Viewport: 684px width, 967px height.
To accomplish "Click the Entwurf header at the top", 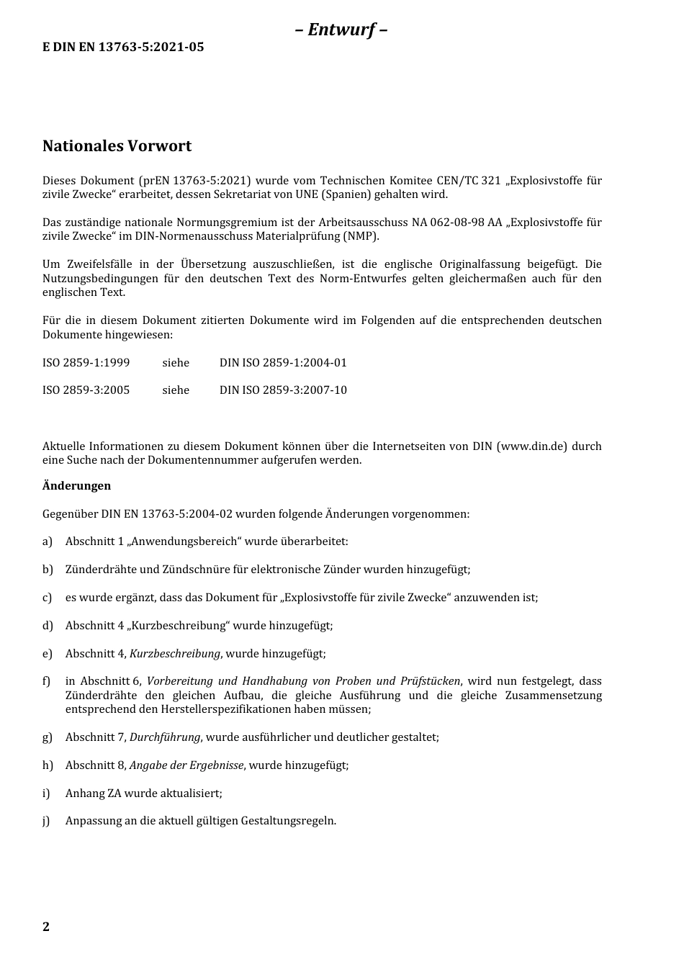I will [341, 30].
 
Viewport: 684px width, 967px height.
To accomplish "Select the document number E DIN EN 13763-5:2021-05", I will [123, 48].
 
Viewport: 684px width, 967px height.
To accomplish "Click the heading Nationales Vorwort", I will [117, 146].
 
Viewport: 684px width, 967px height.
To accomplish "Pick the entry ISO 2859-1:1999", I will [86, 363].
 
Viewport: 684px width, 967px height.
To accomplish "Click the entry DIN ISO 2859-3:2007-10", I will [283, 390].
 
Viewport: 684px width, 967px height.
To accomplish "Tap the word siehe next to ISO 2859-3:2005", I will [176, 390].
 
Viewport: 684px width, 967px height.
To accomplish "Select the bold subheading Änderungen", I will [76, 486].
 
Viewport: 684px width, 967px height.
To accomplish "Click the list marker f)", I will [48, 681].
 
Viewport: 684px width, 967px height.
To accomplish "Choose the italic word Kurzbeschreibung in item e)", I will [174, 654].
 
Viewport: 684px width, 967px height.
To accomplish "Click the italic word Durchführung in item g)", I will [165, 737].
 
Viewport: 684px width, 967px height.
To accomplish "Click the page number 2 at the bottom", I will [46, 927].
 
